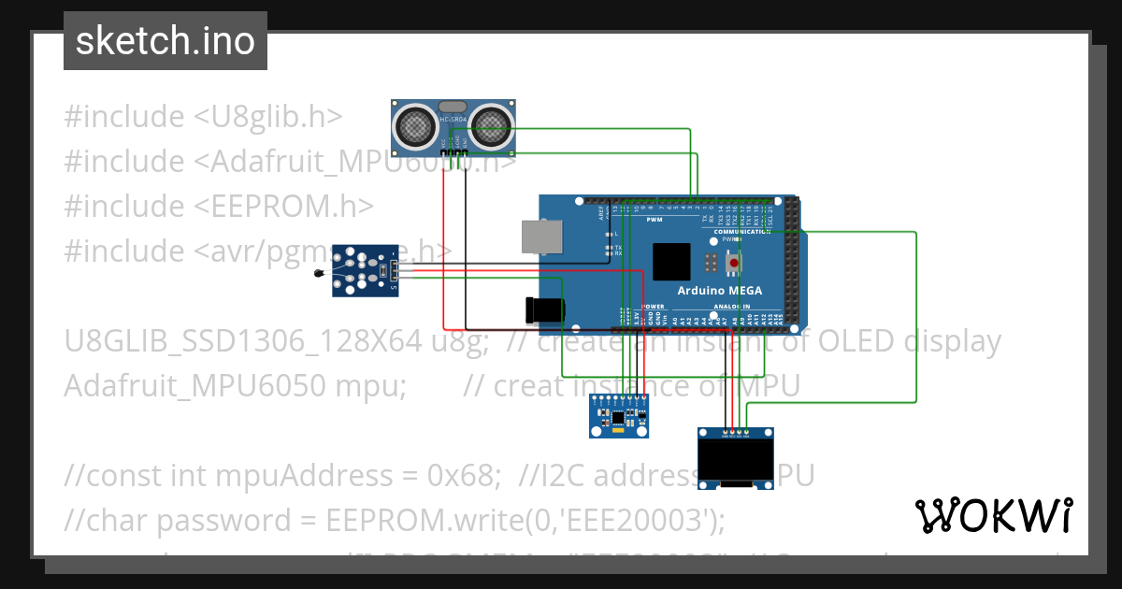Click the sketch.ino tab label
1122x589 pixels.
165,41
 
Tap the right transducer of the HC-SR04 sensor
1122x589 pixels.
492,124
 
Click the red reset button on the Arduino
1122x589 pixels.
734,263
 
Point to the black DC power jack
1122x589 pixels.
545,310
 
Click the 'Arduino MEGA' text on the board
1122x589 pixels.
719,291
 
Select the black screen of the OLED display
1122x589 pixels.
736,458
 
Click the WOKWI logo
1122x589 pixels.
993,515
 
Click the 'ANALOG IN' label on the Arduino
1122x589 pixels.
732,306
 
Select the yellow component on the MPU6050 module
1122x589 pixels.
616,431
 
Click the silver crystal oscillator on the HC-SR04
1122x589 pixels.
453,108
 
